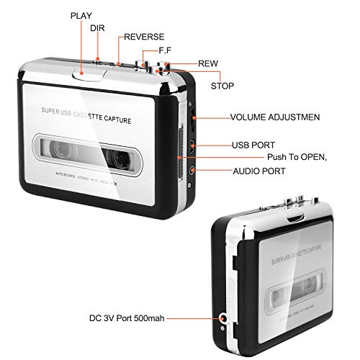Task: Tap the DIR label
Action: point(97,28)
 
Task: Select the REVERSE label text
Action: point(144,37)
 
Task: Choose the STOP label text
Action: point(222,86)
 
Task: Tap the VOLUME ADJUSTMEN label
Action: point(275,117)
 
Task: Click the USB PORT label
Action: point(253,145)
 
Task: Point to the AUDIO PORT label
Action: point(258,171)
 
